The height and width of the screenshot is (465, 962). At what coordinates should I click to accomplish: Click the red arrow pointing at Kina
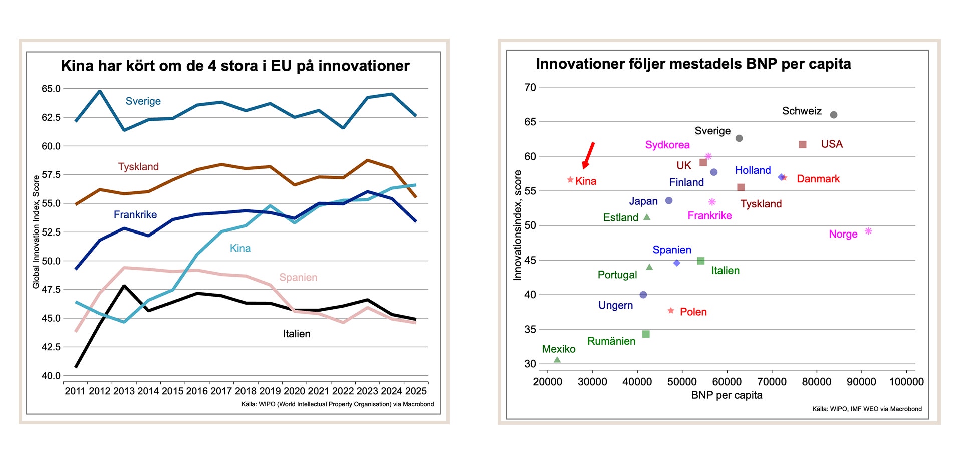point(588,155)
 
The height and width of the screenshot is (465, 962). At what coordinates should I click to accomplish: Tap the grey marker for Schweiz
point(834,115)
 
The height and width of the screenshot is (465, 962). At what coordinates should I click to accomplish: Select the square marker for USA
point(803,144)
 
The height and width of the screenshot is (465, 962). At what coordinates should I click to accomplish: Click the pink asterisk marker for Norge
point(868,231)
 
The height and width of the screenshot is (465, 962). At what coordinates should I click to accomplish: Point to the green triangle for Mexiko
point(557,360)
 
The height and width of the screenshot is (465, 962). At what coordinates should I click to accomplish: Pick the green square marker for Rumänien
point(646,334)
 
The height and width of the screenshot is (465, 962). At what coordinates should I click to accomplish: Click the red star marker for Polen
point(671,311)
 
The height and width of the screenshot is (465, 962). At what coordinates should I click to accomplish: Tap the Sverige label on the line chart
point(143,101)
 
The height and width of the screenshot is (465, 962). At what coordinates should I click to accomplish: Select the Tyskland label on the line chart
point(138,167)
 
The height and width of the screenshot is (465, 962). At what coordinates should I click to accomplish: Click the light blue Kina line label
point(240,248)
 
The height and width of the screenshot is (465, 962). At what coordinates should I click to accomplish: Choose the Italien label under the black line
point(297,334)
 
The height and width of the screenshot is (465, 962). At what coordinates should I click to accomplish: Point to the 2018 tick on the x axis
point(246,391)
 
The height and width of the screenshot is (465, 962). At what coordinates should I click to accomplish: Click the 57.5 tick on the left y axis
point(51,175)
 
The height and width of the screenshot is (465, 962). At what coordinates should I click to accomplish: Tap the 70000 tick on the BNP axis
point(772,382)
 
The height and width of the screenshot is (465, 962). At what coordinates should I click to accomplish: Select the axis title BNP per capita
point(727,395)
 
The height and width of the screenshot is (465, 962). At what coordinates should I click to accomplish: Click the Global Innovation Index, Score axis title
point(36,231)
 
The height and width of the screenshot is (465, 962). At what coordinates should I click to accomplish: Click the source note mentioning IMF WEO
point(867,409)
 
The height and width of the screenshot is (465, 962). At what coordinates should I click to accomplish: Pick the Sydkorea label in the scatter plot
point(667,145)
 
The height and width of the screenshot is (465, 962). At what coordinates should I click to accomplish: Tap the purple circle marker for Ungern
point(643,295)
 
